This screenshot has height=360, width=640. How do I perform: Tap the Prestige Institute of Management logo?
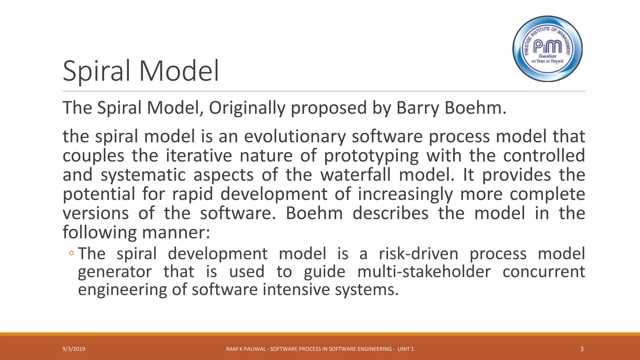click(x=547, y=49)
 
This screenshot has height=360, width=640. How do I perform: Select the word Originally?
click(x=247, y=108)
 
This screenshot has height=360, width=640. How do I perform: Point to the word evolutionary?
click(x=295, y=137)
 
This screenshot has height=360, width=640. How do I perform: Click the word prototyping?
click(x=371, y=156)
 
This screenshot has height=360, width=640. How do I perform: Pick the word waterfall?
click(x=356, y=174)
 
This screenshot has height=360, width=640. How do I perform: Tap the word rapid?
click(x=192, y=194)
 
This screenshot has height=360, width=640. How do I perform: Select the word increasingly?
click(x=405, y=194)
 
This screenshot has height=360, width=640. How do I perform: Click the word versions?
click(x=96, y=213)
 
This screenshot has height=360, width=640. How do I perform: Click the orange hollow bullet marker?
click(x=71, y=253)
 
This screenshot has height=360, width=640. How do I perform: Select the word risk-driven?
click(x=418, y=253)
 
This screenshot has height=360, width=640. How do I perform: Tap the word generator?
click(x=115, y=272)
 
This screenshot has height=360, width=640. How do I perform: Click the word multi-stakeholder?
click(x=424, y=271)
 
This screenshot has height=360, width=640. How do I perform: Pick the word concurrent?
click(x=543, y=271)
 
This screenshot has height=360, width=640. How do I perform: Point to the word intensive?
click(x=296, y=289)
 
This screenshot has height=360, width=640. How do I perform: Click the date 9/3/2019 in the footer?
click(x=74, y=349)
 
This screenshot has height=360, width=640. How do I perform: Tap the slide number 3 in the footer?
click(x=582, y=349)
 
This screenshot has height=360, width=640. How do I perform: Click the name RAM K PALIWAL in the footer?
click(x=246, y=349)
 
